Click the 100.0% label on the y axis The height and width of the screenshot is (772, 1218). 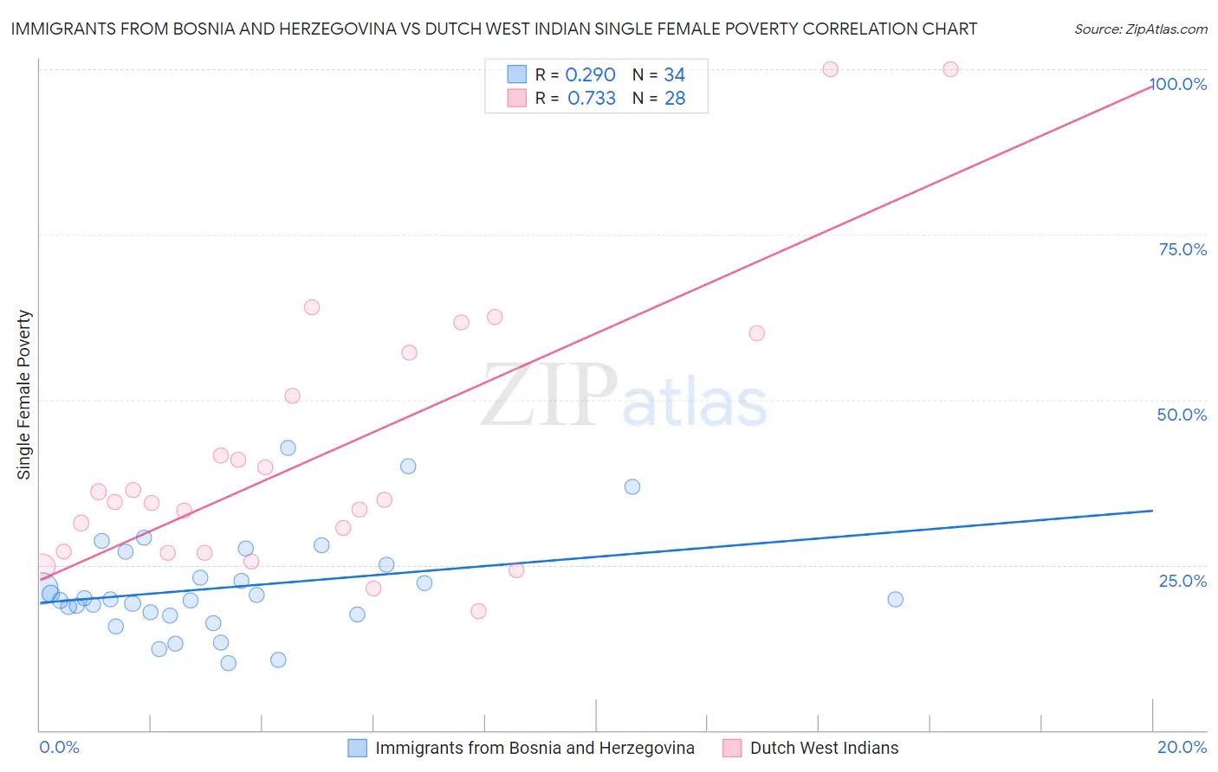[1179, 84]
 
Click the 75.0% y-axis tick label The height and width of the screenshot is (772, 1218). [1182, 249]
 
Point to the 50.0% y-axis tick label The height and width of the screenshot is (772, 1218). [1182, 415]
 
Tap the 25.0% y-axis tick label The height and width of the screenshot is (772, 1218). [1182, 581]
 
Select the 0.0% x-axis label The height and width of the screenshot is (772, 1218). [59, 748]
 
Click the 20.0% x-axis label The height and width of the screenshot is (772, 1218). [1182, 748]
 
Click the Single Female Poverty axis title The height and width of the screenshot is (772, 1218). [24, 395]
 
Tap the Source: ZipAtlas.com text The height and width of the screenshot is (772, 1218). [1140, 29]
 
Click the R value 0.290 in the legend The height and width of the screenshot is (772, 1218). [590, 75]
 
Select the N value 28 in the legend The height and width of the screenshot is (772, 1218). [675, 99]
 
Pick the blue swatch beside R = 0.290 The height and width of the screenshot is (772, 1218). [517, 74]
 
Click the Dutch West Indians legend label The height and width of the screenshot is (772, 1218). [824, 749]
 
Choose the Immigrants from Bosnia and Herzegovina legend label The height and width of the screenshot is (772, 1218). [534, 749]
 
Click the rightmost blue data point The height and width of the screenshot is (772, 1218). [896, 599]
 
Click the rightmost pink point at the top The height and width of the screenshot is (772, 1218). [950, 69]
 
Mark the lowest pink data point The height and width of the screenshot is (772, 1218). [478, 611]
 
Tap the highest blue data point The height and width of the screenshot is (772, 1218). [288, 447]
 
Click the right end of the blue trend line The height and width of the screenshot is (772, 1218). [1152, 511]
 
